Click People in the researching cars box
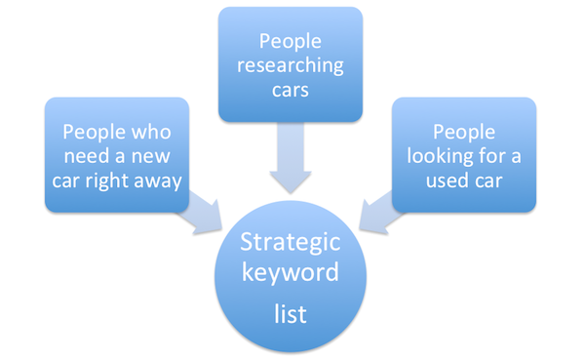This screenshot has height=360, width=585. point(290,41)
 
